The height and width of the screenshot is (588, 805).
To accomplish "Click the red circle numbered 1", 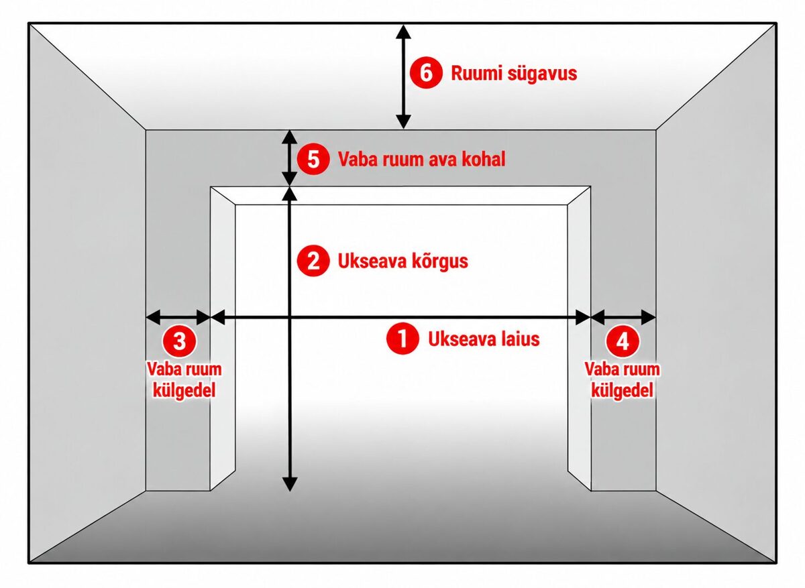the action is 402,339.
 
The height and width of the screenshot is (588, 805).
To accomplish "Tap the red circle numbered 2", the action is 313,261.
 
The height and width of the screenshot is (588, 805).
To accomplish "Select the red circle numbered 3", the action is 179,341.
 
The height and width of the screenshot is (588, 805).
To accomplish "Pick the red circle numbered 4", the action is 623,341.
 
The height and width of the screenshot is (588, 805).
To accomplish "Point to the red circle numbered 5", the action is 313,159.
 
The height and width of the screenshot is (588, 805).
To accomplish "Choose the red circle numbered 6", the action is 426,73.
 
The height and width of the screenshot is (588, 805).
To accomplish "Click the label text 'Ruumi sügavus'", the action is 514,73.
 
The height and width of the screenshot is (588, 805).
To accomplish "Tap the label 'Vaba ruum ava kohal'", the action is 421,159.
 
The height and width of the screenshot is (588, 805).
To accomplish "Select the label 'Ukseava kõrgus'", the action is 403,261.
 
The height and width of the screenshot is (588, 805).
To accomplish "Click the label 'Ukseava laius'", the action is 484,339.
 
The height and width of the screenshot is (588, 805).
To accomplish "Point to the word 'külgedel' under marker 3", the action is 184,390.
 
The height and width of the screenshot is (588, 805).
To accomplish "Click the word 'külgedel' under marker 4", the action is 622,390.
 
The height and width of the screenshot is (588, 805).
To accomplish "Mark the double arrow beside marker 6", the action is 403,76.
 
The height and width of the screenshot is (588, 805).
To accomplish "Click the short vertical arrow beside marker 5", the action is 289,158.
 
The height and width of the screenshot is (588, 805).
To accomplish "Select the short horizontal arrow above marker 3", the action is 178,317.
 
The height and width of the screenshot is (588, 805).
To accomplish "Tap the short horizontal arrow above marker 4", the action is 623,317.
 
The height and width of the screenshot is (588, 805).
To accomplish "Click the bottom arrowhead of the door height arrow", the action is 289,484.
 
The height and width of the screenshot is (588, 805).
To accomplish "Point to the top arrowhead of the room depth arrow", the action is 403,32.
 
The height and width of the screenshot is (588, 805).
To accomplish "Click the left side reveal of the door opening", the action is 223,338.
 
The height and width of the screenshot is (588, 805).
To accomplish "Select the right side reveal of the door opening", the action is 580,338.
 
